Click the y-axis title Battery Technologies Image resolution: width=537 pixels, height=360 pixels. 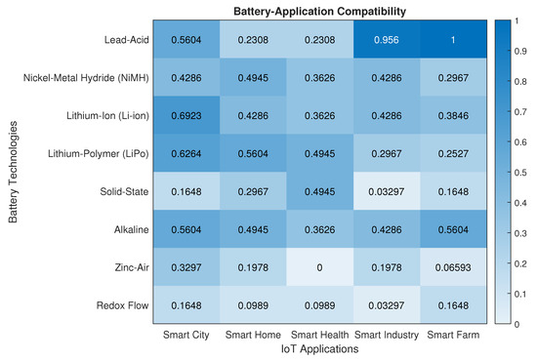tap(14, 172)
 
